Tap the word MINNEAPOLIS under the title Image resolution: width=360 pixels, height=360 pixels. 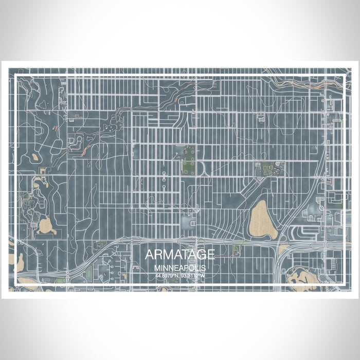click(179, 268)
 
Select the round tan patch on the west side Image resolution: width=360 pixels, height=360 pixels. click(46, 225)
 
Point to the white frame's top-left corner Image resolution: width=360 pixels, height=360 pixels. click(16, 76)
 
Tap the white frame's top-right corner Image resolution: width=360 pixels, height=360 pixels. click(344, 76)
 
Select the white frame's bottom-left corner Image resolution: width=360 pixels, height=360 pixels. click(16, 284)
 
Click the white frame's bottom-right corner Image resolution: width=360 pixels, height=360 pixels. click(344, 284)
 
